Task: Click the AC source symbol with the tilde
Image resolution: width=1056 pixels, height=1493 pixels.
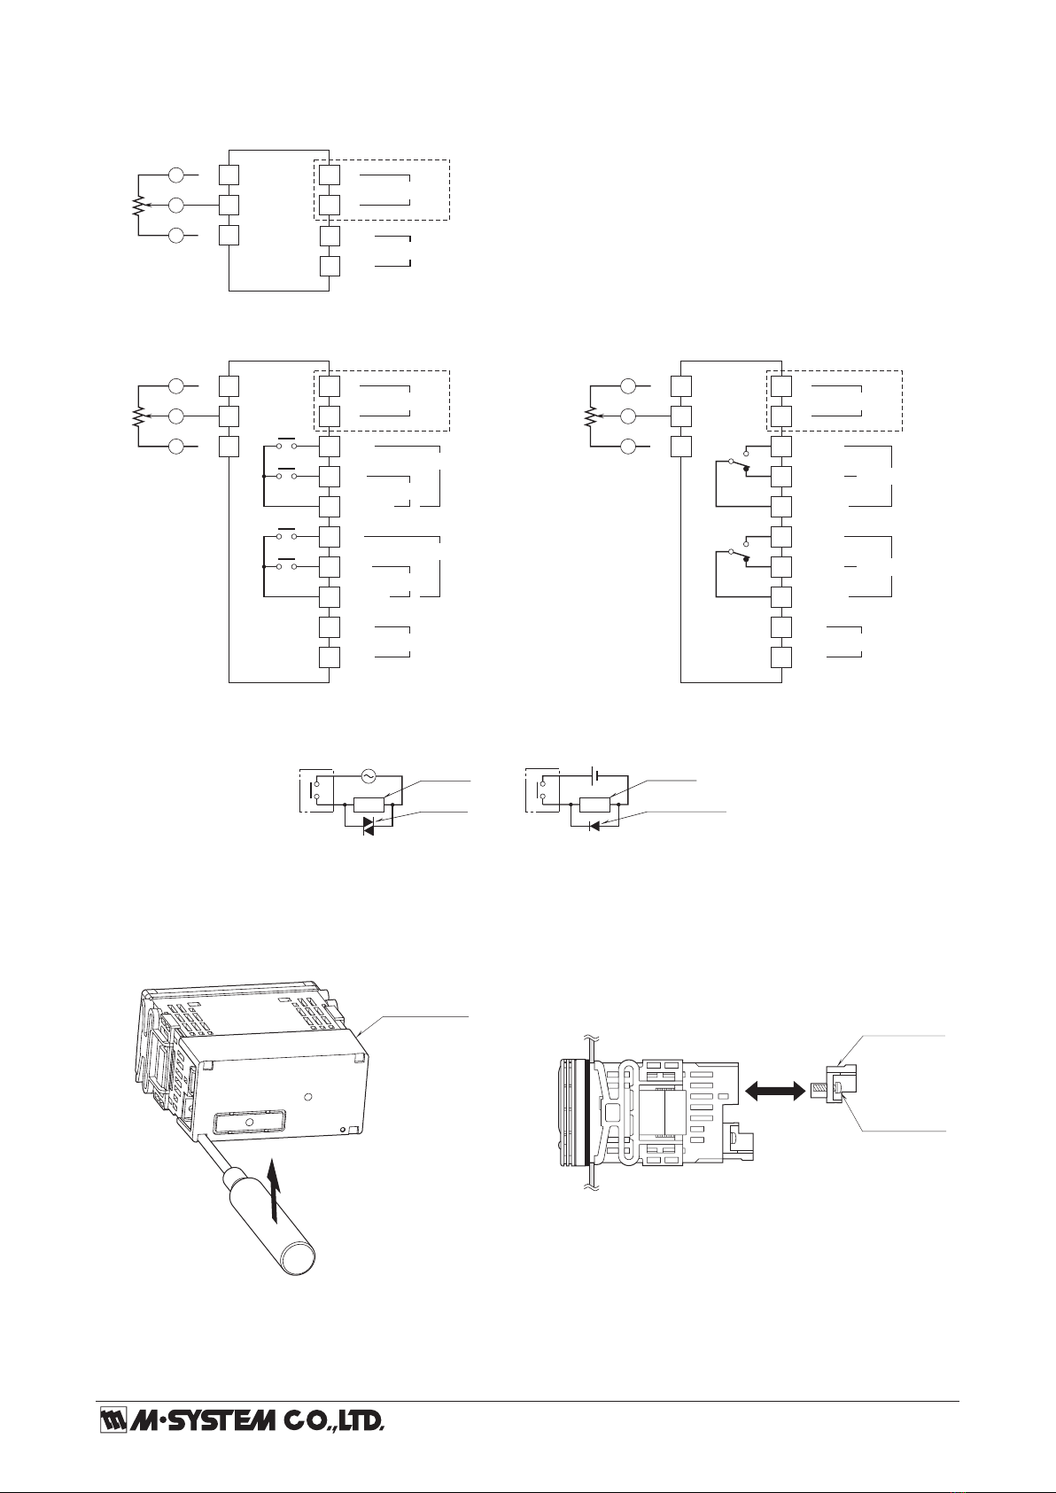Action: coord(367,776)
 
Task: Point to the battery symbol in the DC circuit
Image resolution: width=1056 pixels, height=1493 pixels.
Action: coord(596,776)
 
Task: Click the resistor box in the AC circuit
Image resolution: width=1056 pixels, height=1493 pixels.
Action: coord(369,805)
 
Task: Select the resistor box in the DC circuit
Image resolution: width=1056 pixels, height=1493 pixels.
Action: coord(595,805)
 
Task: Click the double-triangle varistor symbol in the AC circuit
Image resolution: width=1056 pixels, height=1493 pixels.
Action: coord(370,826)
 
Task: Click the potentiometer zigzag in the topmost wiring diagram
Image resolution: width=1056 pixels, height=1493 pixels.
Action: coord(138,206)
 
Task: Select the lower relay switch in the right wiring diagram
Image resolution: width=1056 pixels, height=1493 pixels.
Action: coord(738,555)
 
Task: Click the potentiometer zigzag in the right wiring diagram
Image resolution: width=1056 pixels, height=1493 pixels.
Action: coord(588,416)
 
